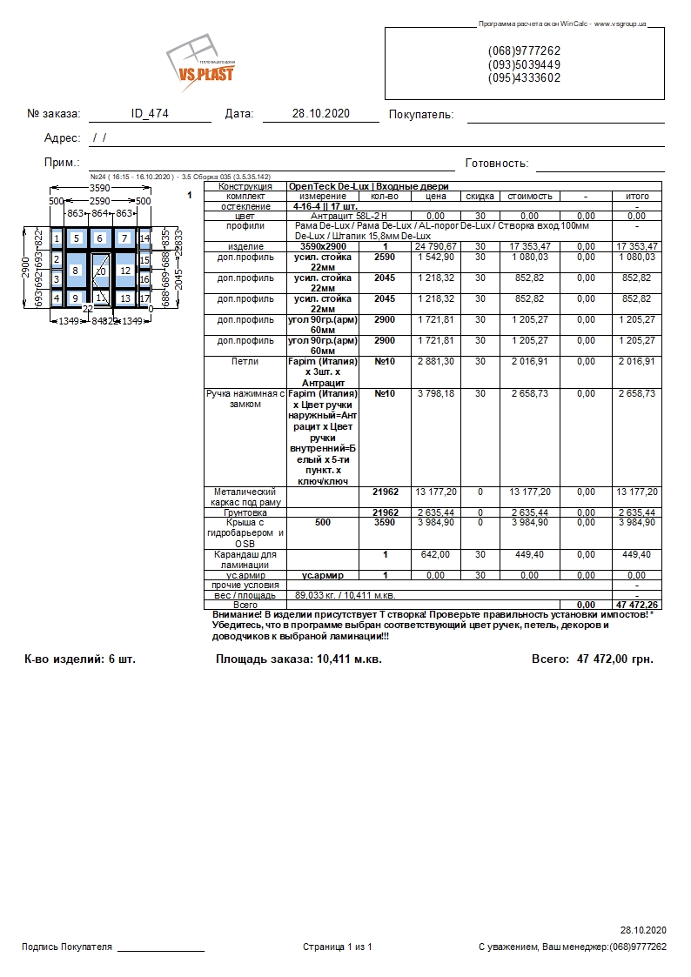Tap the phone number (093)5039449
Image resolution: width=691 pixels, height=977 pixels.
point(524,64)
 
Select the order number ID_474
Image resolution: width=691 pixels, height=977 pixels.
point(150,114)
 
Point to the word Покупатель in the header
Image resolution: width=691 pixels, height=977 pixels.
point(421,115)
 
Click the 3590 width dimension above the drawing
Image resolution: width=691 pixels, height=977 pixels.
point(100,188)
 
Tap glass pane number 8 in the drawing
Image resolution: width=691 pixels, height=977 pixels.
point(75,271)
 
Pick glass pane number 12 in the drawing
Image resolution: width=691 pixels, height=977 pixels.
point(124,271)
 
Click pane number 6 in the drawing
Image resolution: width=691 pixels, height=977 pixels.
point(99,238)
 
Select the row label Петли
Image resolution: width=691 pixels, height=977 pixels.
point(245,361)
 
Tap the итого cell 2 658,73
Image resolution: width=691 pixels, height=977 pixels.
point(637,394)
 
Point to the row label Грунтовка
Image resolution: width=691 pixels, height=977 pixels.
point(245,512)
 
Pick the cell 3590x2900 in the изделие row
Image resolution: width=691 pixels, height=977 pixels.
point(322,247)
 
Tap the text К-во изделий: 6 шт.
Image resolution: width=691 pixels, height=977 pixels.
point(80,659)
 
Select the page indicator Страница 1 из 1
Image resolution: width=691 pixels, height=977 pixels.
point(338,947)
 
